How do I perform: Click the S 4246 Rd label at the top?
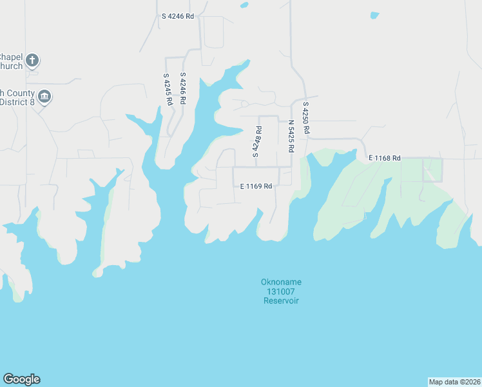[x=178, y=16]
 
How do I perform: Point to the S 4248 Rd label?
[x=256, y=142]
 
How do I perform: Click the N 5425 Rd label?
[x=291, y=136]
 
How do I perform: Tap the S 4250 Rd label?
[x=306, y=118]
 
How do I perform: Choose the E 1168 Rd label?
[x=385, y=158]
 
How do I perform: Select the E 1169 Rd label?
[x=256, y=186]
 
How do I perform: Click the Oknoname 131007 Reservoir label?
[x=281, y=292]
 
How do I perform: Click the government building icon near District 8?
[x=44, y=97]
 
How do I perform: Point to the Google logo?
[x=21, y=379]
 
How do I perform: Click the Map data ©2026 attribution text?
[x=454, y=382]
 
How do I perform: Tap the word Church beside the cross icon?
[x=11, y=66]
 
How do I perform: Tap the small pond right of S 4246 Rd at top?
[x=244, y=5]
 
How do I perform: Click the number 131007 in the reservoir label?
[x=281, y=292]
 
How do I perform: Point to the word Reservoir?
[x=281, y=301]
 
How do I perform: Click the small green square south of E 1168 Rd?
[x=432, y=170]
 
